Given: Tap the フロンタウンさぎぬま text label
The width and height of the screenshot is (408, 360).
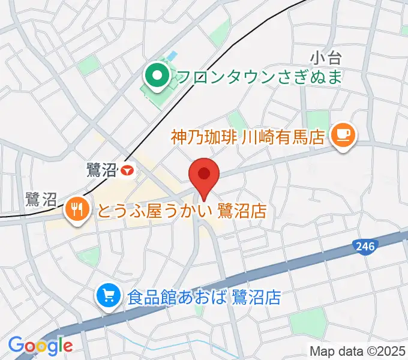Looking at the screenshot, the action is pyautogui.click(x=259, y=77).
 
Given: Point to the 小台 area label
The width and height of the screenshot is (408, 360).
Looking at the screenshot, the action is pyautogui.click(x=326, y=58).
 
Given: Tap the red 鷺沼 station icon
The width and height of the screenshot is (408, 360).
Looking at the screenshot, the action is pyautogui.click(x=127, y=171).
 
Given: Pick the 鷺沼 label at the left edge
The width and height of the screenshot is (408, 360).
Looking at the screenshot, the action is pyautogui.click(x=41, y=199).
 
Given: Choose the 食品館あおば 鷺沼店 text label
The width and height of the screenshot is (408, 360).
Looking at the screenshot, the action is pyautogui.click(x=203, y=296).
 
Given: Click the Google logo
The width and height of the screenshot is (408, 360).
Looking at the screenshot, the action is pyautogui.click(x=40, y=345).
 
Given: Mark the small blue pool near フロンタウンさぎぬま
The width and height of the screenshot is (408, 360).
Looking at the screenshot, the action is pyautogui.click(x=173, y=56).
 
